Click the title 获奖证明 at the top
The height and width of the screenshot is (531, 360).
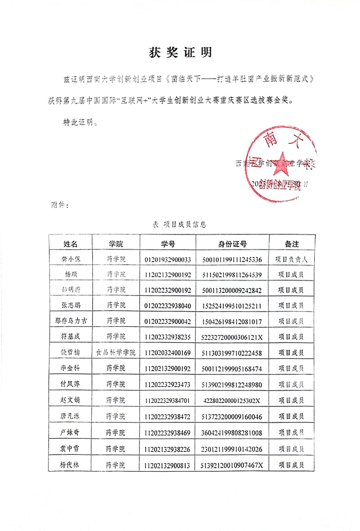180,52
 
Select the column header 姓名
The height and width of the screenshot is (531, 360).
71,243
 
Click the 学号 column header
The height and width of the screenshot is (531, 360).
168,243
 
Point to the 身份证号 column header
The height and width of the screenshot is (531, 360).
232,243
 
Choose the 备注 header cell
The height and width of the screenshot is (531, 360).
292,243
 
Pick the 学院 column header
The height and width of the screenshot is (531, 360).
115,243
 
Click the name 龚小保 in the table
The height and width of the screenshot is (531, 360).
71,259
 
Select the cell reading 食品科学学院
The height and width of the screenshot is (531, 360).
115,352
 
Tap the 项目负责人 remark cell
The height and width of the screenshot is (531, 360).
292,259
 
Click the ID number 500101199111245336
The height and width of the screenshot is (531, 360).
232,259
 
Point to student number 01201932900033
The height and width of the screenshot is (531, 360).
168,259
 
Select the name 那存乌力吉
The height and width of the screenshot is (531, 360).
71,321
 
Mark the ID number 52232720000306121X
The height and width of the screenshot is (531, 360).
232,337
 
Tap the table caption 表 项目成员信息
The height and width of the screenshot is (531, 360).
179,224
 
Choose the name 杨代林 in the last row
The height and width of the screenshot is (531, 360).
71,465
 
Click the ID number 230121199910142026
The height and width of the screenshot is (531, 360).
232,449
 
